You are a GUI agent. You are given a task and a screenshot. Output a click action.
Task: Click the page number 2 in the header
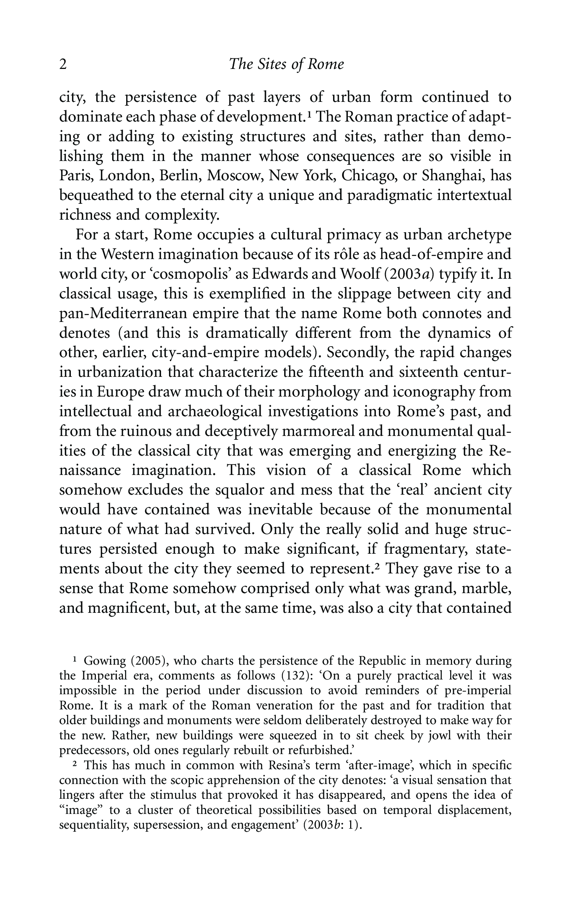click(63, 65)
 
